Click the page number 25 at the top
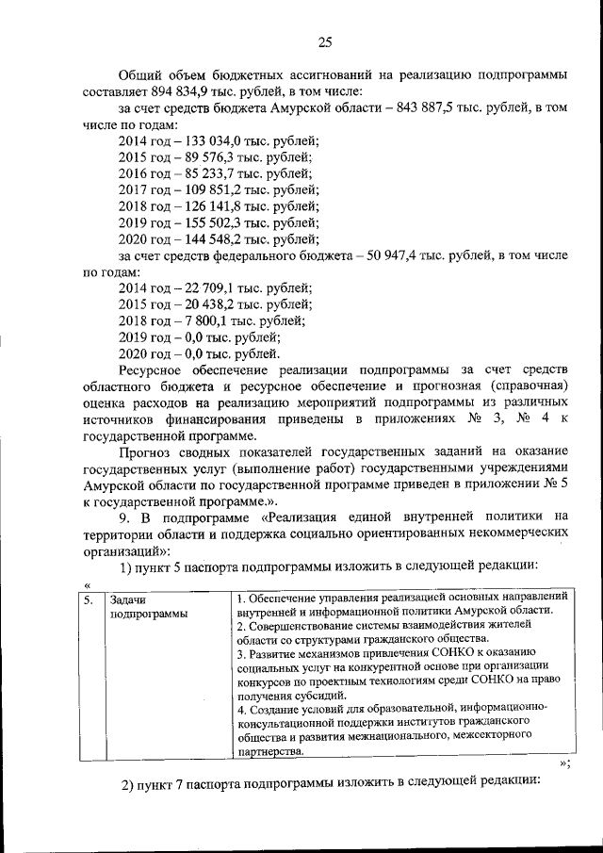[x=326, y=40]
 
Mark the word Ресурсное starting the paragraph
[x=154, y=370]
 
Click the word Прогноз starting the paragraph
[x=146, y=451]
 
